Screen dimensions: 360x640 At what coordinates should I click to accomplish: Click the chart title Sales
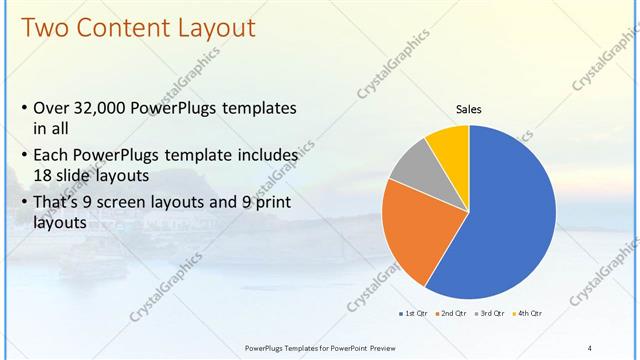click(x=468, y=110)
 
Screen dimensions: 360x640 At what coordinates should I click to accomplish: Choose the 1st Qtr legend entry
click(x=413, y=314)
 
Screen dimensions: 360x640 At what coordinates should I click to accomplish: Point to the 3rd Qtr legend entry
click(x=490, y=314)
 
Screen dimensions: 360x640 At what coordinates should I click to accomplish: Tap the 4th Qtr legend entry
click(x=528, y=314)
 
